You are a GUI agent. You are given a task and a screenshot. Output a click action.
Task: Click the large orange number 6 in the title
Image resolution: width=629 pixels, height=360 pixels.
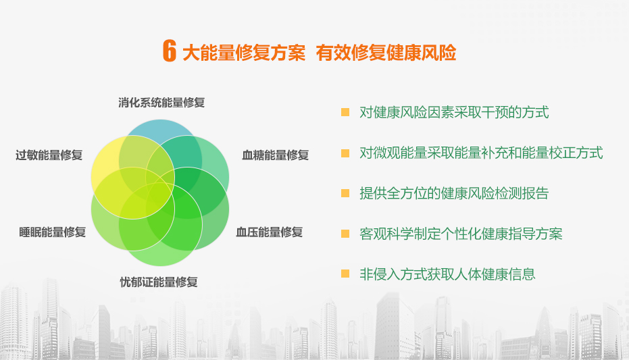coord(170,51)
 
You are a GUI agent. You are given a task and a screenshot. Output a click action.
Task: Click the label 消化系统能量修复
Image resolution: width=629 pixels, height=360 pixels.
coord(161,103)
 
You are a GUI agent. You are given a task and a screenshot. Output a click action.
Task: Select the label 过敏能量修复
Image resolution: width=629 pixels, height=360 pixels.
coord(49,155)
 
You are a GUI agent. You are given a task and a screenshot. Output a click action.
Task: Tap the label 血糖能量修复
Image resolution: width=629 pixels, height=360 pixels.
coord(276,155)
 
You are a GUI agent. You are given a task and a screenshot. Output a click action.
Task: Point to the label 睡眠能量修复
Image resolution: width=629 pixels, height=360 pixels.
coord(53,232)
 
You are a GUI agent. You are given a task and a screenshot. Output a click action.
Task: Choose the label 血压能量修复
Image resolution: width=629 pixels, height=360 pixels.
coord(269,232)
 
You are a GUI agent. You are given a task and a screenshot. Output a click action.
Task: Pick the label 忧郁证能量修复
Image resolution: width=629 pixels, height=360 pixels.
coord(159,282)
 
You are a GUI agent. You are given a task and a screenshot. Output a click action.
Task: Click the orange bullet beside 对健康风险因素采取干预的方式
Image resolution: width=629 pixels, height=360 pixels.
coord(345,112)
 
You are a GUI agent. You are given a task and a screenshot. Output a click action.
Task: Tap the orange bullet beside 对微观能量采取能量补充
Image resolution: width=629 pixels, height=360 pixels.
coord(345,153)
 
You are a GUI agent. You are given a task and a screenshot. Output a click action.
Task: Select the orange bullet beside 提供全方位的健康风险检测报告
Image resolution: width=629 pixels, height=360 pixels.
coord(345,193)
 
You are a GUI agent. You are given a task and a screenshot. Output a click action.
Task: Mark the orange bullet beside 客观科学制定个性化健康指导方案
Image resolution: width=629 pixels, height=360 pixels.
coord(345,234)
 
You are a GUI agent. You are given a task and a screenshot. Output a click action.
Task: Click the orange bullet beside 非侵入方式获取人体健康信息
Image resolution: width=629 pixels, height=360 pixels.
coord(345,274)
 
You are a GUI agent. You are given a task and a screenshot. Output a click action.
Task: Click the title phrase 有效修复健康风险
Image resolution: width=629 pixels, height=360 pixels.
coord(386,53)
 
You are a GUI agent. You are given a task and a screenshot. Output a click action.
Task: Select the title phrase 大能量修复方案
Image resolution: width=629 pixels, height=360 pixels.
coord(244,53)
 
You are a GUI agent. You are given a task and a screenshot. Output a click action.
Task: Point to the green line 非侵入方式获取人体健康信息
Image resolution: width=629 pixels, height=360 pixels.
coord(447,274)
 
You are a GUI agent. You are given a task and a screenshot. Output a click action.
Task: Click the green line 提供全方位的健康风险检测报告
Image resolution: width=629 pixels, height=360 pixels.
coord(454,193)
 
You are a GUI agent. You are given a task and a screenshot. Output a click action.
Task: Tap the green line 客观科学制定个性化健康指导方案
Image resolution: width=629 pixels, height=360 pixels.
coord(461,234)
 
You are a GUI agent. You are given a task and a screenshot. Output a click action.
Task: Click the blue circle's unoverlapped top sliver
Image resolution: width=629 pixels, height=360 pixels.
coord(161,128)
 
